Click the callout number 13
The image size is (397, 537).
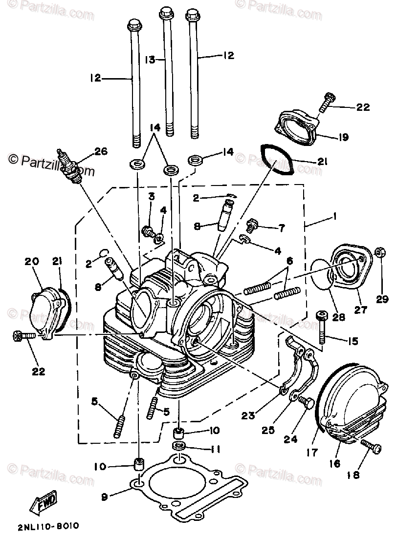pyautogui.click(x=149, y=60)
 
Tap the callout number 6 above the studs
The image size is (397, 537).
pyautogui.click(x=289, y=262)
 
